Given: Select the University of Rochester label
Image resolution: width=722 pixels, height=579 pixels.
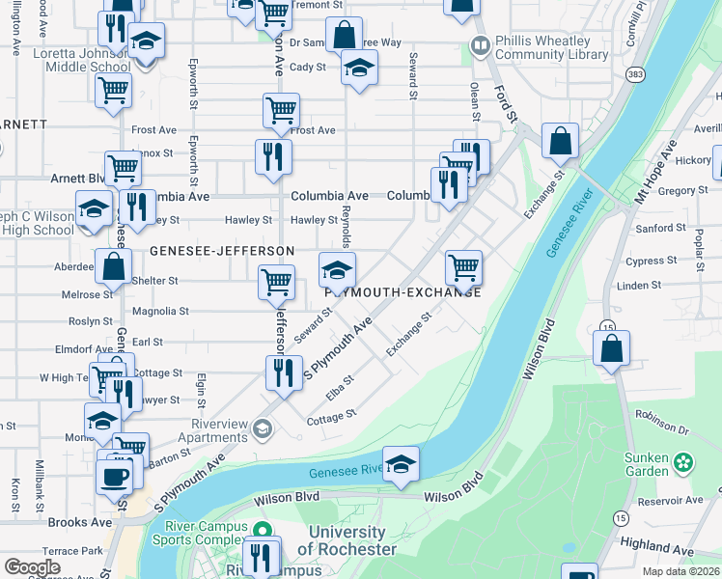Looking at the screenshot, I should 347,540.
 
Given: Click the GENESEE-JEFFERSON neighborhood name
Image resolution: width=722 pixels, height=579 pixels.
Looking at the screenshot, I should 222,251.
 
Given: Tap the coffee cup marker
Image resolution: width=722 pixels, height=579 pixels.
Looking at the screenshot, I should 116,475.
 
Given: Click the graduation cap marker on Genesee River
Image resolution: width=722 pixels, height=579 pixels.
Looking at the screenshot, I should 401,464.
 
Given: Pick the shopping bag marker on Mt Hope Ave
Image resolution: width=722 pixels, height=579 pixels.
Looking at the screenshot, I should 611,348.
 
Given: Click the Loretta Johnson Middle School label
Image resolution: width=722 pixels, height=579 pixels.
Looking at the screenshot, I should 82,61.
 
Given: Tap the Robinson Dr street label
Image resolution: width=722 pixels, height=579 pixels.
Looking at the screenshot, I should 661,423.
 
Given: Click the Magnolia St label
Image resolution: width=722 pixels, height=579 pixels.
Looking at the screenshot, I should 161,311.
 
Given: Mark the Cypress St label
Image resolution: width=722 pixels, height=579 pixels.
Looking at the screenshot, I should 651,261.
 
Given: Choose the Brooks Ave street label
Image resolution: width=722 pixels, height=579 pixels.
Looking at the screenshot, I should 80,522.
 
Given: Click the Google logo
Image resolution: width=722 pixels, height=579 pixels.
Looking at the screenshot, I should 32,567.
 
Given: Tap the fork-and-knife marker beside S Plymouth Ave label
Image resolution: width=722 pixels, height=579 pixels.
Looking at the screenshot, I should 283,372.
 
